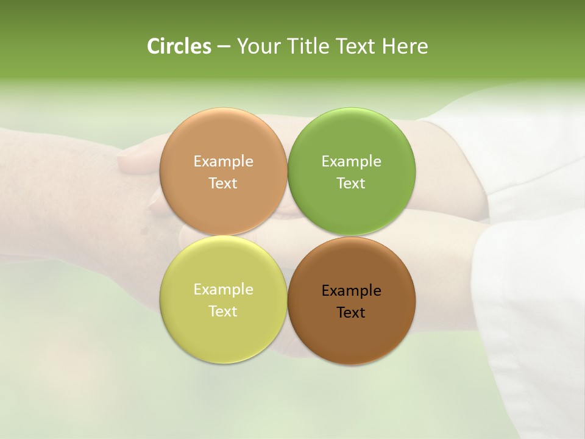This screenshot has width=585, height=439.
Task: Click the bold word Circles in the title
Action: click(x=179, y=46)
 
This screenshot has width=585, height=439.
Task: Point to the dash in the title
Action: click(x=223, y=47)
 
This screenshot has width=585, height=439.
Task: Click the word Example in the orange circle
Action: click(x=223, y=162)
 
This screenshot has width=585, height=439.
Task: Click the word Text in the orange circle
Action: click(x=223, y=184)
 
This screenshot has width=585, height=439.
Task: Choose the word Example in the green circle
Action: click(x=351, y=162)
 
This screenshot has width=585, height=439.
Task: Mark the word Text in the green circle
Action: click(x=351, y=184)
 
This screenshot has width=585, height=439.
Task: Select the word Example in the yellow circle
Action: click(x=223, y=290)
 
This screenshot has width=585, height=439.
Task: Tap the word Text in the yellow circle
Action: click(x=223, y=312)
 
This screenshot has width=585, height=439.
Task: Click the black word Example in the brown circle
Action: click(x=351, y=291)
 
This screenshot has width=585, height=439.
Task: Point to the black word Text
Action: click(x=351, y=313)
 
